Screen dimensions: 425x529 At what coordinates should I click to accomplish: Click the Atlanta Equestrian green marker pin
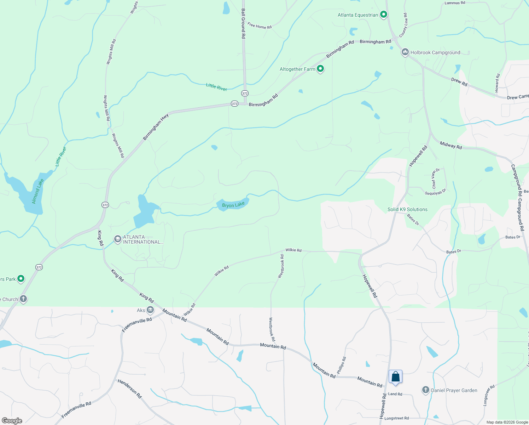pos(383,15)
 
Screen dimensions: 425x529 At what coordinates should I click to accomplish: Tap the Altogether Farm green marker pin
pos(320,69)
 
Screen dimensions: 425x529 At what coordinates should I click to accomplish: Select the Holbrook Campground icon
pos(405,52)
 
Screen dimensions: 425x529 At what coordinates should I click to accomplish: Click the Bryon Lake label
pos(233,205)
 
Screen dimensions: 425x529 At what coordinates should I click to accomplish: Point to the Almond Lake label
pos(38,191)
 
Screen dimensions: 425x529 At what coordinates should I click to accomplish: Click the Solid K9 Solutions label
pos(407,209)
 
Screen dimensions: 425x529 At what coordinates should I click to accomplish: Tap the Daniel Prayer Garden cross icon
pos(426,390)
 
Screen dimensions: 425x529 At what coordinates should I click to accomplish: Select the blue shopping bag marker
pos(395,377)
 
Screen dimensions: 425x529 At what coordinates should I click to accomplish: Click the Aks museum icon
pos(150,310)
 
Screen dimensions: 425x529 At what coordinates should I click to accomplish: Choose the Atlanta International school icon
pos(117,239)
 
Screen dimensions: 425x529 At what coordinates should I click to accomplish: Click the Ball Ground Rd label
pos(243,23)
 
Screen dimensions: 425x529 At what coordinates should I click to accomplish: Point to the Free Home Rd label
pos(260,26)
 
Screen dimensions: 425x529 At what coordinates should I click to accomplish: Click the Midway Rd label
pos(451,145)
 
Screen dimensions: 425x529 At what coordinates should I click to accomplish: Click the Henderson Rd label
pos(130,389)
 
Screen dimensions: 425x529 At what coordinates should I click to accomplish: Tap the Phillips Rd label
pos(341,365)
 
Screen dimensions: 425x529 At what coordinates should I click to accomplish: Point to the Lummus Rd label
pos(455,3)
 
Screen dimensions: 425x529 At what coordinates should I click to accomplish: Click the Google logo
pos(12,421)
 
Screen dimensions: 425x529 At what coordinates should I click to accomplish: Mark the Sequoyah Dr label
pos(436,192)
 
